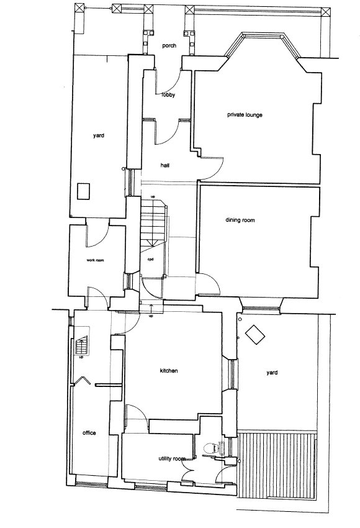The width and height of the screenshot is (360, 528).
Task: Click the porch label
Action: [x=169, y=45]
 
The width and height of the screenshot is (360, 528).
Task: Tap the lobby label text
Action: [x=168, y=95]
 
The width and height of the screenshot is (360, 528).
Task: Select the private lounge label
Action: [x=245, y=115]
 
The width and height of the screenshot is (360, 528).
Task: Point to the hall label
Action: [x=165, y=165]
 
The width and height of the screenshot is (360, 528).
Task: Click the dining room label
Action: [x=240, y=221]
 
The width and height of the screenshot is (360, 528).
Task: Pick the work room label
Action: [x=95, y=260]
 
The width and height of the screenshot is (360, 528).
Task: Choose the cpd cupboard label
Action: [x=151, y=259]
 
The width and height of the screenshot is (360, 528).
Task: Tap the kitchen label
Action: [x=169, y=371]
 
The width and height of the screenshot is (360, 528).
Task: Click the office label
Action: [x=89, y=433]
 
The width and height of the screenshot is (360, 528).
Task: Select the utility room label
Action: [x=172, y=458]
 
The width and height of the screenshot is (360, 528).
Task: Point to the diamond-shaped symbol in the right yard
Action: [x=254, y=335]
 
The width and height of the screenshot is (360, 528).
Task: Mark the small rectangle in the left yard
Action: [x=83, y=191]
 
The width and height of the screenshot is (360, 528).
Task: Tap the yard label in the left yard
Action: [x=99, y=135]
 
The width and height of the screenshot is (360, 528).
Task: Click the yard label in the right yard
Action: [x=272, y=373]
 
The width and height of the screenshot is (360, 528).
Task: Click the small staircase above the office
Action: [x=81, y=345]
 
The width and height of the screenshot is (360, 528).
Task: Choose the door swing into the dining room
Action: [x=209, y=285]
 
